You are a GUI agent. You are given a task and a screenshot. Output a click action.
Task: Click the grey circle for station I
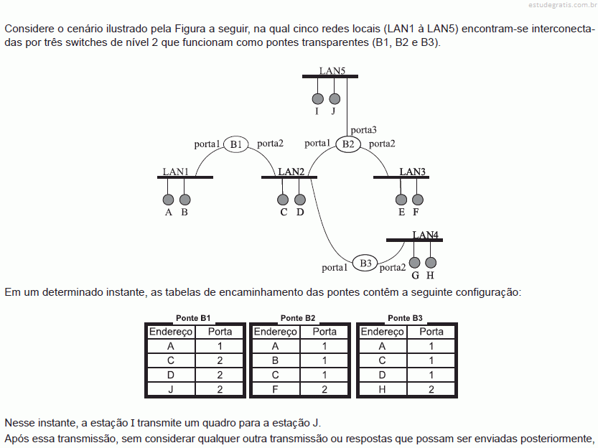coord(318,99)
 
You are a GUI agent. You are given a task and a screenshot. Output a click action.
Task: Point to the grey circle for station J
coord(335,99)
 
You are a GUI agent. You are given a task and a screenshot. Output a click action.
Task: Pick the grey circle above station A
coord(168,200)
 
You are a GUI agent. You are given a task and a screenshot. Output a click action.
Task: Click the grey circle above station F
coord(418,200)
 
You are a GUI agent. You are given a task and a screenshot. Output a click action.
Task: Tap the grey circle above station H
coord(431,262)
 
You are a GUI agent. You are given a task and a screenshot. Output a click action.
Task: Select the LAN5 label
coord(332,70)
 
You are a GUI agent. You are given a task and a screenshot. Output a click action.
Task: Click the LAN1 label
coord(175,172)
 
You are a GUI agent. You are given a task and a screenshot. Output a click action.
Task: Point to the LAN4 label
coord(425,235)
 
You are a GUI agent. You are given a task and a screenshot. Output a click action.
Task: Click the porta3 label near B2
coord(363,130)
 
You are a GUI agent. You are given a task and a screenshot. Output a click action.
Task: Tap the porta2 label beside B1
coord(270,144)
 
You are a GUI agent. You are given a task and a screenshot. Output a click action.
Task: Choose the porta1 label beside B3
coord(335,267)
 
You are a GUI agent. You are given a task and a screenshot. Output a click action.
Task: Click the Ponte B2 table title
coord(298,318)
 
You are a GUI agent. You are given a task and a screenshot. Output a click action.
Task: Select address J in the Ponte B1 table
coord(170,389)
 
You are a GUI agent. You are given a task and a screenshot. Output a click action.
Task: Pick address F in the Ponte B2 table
coord(275,389)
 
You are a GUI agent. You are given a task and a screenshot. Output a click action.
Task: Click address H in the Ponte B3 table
coord(382,389)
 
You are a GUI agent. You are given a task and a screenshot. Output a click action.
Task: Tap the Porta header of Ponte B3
coord(431,332)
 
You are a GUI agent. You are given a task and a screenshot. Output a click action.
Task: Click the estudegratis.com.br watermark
coord(563,5)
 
